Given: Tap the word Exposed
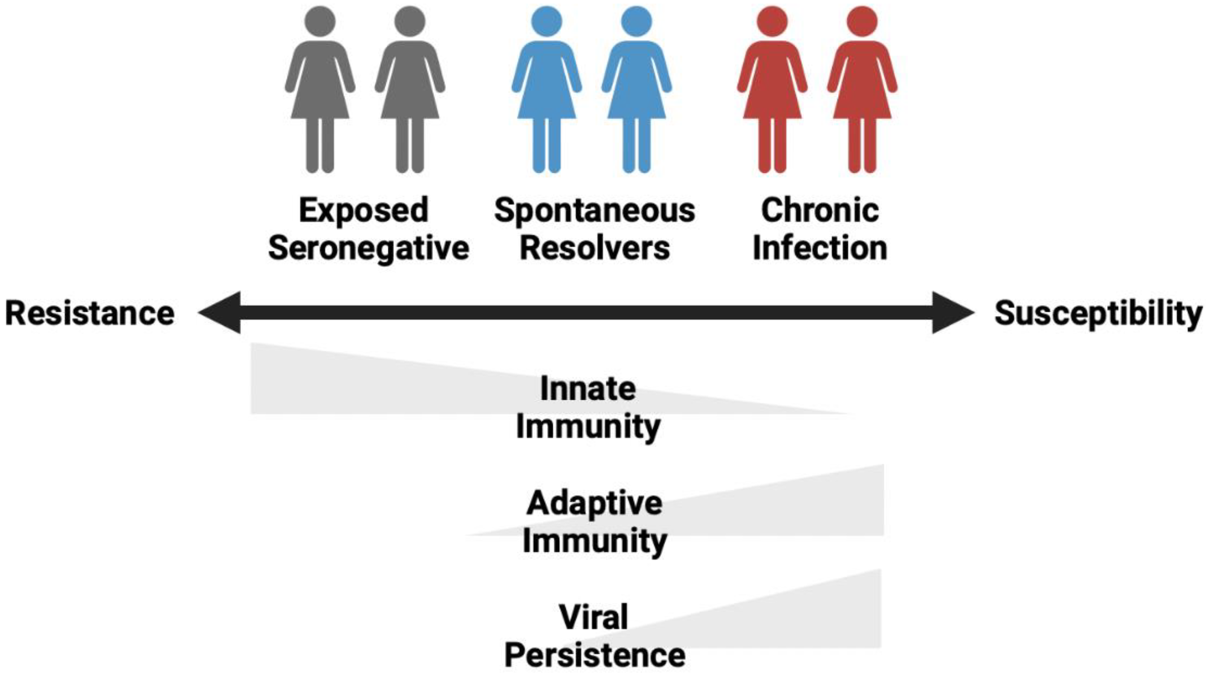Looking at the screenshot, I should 364,210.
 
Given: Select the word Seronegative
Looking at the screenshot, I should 368,248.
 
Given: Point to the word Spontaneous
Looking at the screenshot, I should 595,211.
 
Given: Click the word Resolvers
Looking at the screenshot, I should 595,248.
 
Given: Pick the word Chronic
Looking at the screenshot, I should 820,210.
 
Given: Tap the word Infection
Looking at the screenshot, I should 820,248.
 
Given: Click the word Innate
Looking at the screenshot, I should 588,389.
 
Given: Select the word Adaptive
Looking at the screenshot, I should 594,503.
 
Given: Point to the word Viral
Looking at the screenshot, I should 593,617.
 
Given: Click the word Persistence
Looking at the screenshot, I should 595,655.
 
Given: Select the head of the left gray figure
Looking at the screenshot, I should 320,21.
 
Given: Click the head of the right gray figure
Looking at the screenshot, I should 410,21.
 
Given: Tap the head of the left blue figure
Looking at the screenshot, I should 546,21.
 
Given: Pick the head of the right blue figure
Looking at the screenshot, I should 636,21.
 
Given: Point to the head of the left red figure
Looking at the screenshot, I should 772,21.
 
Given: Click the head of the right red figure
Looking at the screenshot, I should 862,21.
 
